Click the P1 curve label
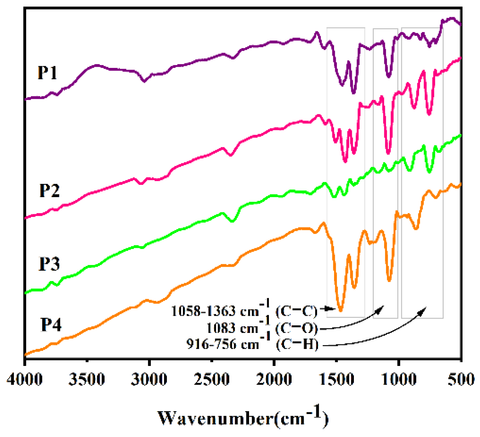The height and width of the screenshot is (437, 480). coord(47,73)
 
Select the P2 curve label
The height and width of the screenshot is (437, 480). coord(49,190)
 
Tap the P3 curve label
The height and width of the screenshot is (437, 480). coord(49,264)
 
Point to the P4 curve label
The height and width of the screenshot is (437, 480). coord(51,325)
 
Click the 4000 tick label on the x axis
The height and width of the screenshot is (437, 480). coord(24,379)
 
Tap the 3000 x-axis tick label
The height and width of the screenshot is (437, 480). coord(149,379)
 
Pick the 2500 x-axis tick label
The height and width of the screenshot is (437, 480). coord(211,379)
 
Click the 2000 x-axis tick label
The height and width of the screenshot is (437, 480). coord(274,379)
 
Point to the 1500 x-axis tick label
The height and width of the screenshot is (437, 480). coord(336,379)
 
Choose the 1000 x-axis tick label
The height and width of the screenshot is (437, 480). coord(398,379)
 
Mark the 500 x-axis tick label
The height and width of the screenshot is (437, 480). coord(461,379)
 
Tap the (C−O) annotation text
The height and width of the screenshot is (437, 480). coord(296,328)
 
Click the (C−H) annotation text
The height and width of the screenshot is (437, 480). coord(297,345)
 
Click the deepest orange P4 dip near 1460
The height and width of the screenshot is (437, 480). coord(341,310)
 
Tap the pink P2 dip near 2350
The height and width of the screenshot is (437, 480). coord(230,155)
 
